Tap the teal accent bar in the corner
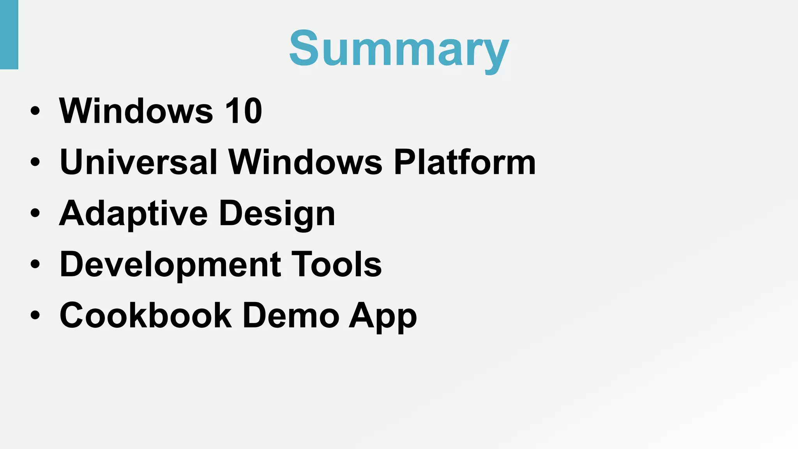point(9,34)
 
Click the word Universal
point(138,162)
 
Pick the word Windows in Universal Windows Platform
point(305,162)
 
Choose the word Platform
point(464,162)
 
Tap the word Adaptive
point(133,214)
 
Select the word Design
point(277,214)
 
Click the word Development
point(170,265)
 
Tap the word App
point(383,316)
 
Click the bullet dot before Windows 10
point(35,111)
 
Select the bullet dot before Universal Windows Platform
point(35,162)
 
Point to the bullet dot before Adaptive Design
point(35,213)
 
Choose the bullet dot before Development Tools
point(35,264)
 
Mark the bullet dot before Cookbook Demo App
point(35,315)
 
